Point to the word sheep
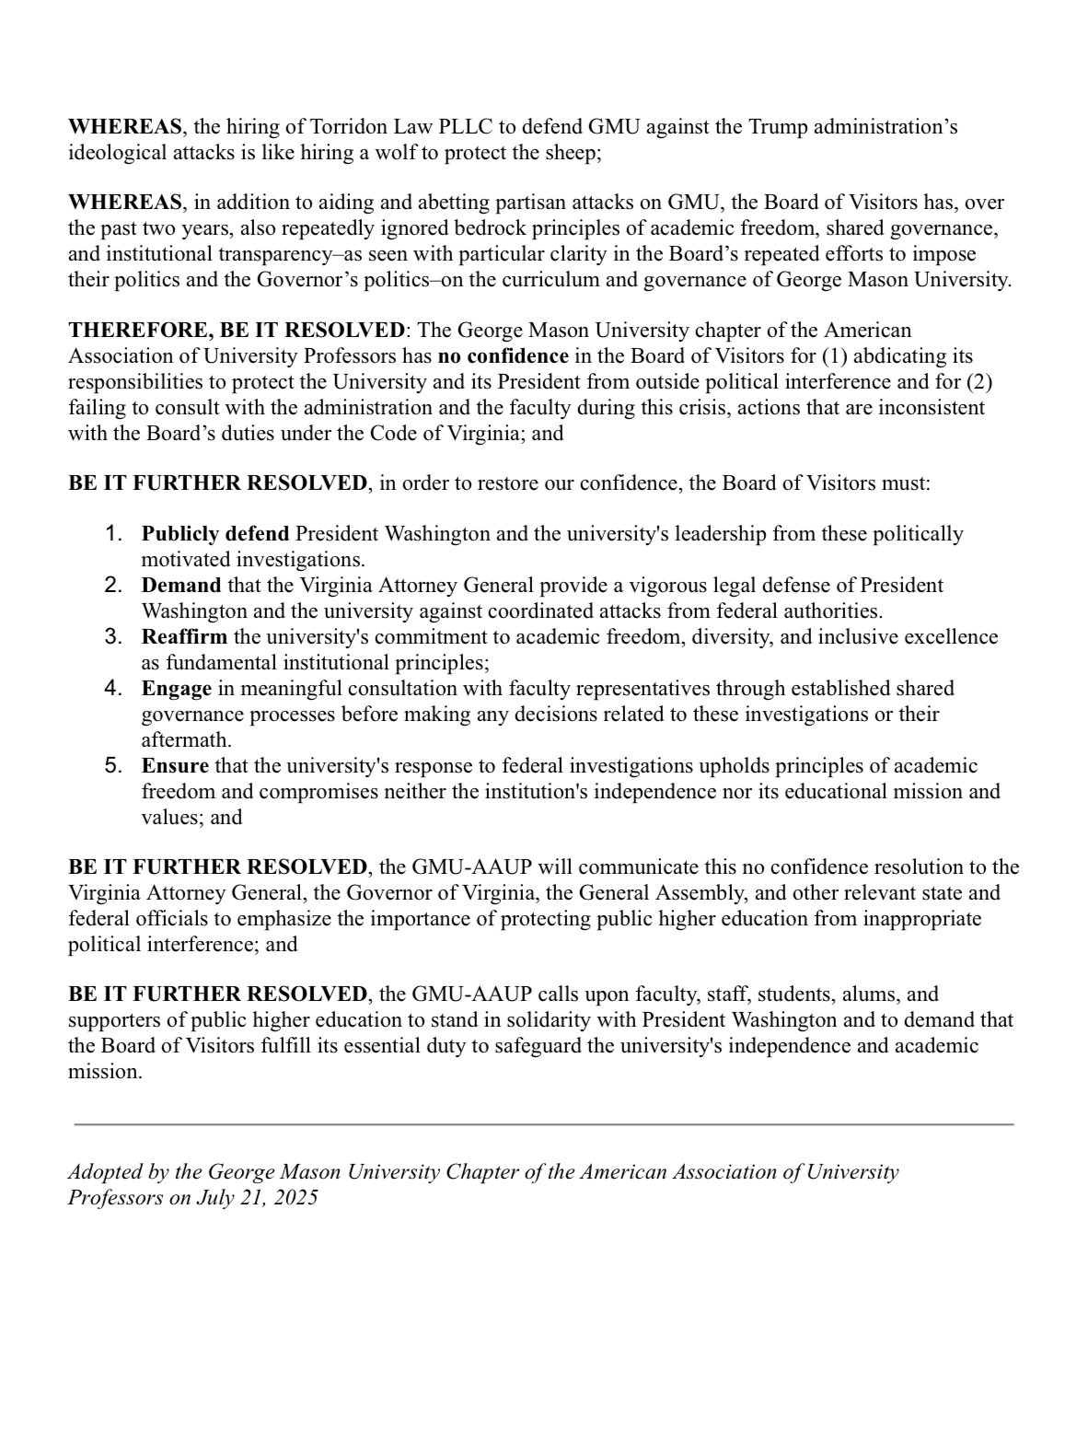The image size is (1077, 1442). point(573,153)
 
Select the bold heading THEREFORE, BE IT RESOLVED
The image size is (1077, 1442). point(237,331)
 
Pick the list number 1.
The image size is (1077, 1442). point(114,533)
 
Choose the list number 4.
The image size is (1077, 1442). point(114,688)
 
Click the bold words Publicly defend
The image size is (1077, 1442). point(215,534)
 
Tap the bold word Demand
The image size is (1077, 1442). point(181,586)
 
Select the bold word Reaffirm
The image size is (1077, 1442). point(185,637)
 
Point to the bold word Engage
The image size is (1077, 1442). point(177,689)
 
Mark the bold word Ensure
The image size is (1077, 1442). point(175,766)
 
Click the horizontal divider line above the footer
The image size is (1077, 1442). point(543,1124)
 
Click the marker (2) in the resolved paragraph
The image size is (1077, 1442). point(978,382)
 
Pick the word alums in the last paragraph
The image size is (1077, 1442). point(874,994)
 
